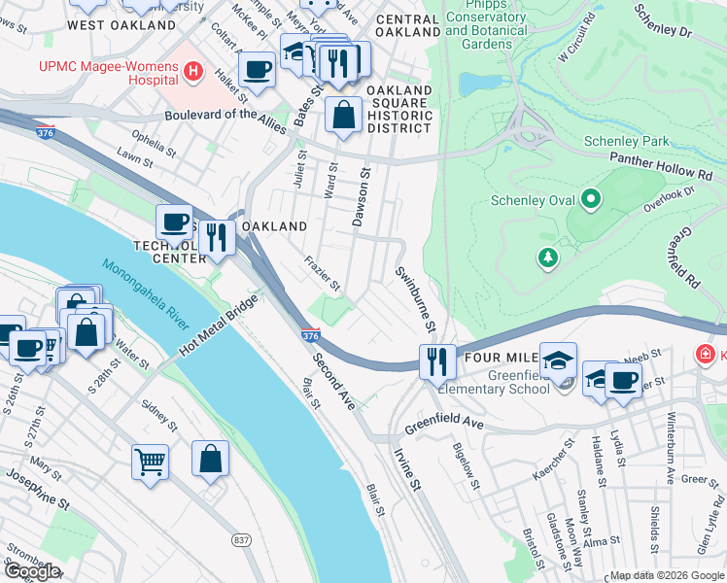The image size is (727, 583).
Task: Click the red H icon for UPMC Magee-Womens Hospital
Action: tap(193, 71)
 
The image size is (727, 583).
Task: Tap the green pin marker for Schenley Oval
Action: tap(591, 201)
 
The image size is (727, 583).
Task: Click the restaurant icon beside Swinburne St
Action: tap(437, 361)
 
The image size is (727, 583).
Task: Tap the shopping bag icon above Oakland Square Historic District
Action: tap(343, 115)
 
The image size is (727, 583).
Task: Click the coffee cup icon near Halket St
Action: tap(257, 70)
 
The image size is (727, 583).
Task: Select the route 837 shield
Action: tap(241, 539)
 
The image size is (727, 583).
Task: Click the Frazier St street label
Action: tap(321, 274)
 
